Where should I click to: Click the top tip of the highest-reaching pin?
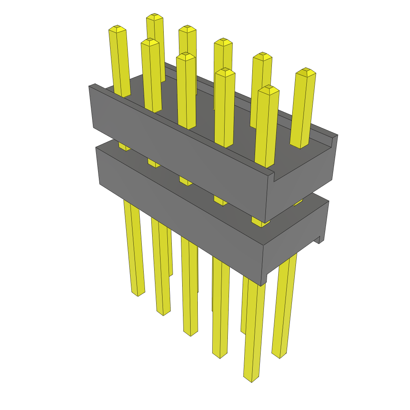pos(154,17)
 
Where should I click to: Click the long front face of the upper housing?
pos(180,152)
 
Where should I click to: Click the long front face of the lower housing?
pos(180,208)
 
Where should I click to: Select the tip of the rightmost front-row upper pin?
pos(268,89)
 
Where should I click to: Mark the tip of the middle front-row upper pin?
pos(186,56)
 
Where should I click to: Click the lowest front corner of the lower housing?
pos(261,285)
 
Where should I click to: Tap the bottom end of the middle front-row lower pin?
pos(191,333)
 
